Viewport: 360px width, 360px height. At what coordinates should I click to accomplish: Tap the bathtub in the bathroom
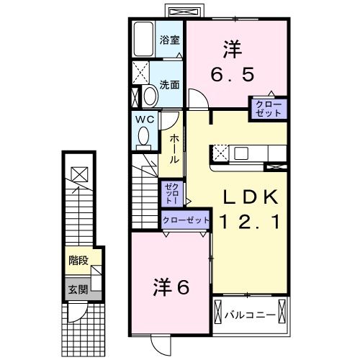(144, 40)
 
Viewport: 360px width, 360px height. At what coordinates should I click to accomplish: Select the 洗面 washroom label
(169, 83)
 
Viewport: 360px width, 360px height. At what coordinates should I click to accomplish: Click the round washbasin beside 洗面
(150, 96)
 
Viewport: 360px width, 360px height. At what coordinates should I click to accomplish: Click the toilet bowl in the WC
(144, 135)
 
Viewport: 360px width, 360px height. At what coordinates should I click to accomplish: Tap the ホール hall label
(174, 148)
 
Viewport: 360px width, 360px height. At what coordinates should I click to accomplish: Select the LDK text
(248, 195)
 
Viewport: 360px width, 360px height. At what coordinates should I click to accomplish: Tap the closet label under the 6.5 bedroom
(268, 109)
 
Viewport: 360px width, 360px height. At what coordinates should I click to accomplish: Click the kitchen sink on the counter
(240, 153)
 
